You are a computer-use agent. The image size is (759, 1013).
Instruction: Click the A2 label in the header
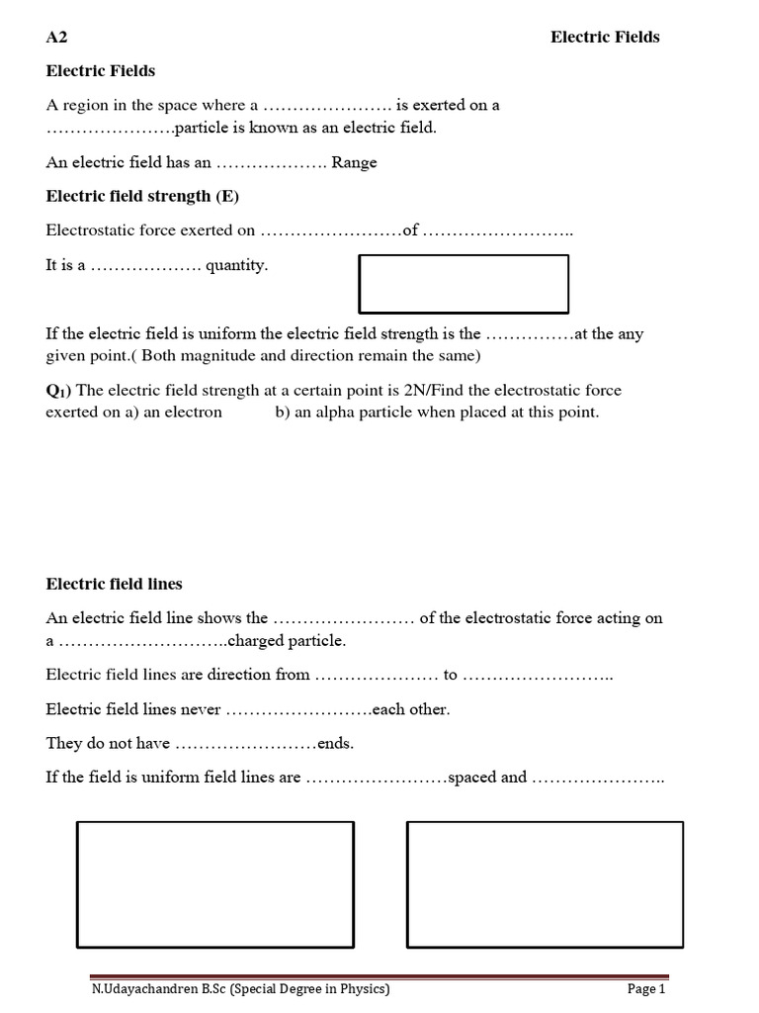pyautogui.click(x=56, y=38)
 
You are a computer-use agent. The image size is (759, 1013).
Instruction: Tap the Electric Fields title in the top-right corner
pyautogui.click(x=604, y=38)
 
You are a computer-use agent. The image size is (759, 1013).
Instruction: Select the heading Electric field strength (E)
pyautogui.click(x=142, y=196)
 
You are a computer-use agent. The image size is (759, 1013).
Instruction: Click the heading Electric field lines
pyautogui.click(x=114, y=584)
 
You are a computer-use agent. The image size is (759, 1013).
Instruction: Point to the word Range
pyautogui.click(x=354, y=162)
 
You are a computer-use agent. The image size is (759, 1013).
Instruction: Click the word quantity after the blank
pyautogui.click(x=236, y=265)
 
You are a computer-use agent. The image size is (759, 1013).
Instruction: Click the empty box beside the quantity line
pyautogui.click(x=464, y=284)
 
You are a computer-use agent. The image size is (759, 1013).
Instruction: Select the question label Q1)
pyautogui.click(x=58, y=391)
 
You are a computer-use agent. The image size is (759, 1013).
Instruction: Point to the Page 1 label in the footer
pyautogui.click(x=647, y=988)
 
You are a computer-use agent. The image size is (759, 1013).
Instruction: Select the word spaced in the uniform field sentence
pyautogui.click(x=473, y=777)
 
